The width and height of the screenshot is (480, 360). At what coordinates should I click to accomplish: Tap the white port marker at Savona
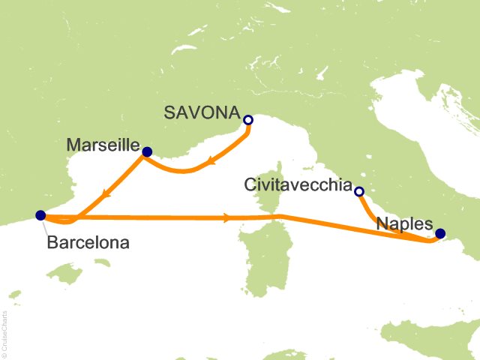pos(248,120)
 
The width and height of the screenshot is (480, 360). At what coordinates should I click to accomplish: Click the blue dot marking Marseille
pos(147,152)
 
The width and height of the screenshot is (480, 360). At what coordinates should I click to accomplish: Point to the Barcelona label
pos(88,242)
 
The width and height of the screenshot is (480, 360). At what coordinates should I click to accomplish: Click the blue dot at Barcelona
pos(40,215)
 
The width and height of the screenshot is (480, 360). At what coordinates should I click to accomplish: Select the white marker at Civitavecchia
pos(358,192)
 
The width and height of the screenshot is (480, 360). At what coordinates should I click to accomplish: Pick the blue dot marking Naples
pos(440,233)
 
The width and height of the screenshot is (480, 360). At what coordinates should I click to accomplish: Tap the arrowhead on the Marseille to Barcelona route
pos(109,192)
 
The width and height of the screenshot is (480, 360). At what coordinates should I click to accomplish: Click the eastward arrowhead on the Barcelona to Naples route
pos(227,218)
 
